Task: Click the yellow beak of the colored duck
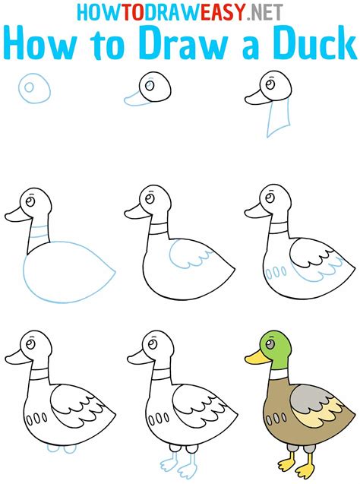pos(253,355)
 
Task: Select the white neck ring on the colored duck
pos(276,374)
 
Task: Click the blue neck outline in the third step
pos(277,119)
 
